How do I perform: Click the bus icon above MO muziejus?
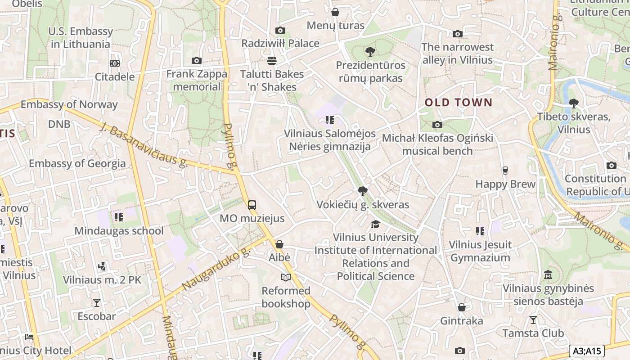pos(252,205)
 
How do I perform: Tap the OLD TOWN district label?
pos(459,102)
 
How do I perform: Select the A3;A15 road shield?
pos(586,351)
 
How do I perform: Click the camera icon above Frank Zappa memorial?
pos(196,61)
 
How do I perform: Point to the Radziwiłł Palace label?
pos(280,43)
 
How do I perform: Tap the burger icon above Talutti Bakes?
pos(271,60)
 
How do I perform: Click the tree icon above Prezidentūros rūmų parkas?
pos(370,52)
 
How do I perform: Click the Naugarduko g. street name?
pos(216,269)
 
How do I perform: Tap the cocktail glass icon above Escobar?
pos(96,302)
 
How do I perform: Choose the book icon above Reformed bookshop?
pos(286,277)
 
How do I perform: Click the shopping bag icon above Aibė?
pos(279,244)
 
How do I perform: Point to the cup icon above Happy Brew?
pos(505,171)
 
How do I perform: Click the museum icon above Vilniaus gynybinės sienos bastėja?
pos(548,274)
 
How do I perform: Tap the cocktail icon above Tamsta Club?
pos(533,320)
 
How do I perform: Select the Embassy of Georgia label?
pos(77,163)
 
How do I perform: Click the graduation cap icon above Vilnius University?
pos(375,224)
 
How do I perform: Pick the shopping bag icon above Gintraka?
pos(462,307)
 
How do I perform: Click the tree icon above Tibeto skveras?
pos(573,103)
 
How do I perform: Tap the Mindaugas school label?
pos(119,231)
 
